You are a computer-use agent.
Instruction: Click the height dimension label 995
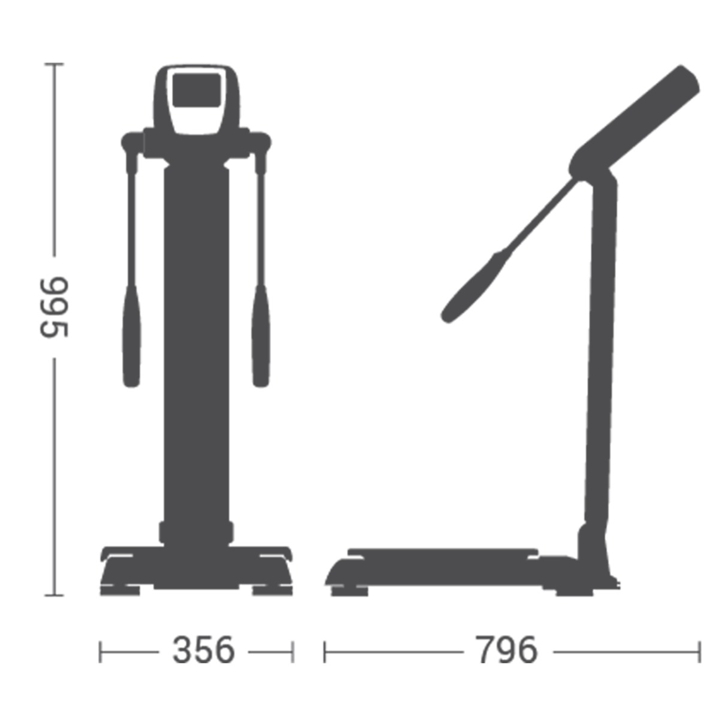click(55, 307)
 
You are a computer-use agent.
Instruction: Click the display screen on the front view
click(197, 90)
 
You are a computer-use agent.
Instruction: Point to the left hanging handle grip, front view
click(132, 336)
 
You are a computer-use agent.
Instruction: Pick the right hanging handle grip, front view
click(261, 336)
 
